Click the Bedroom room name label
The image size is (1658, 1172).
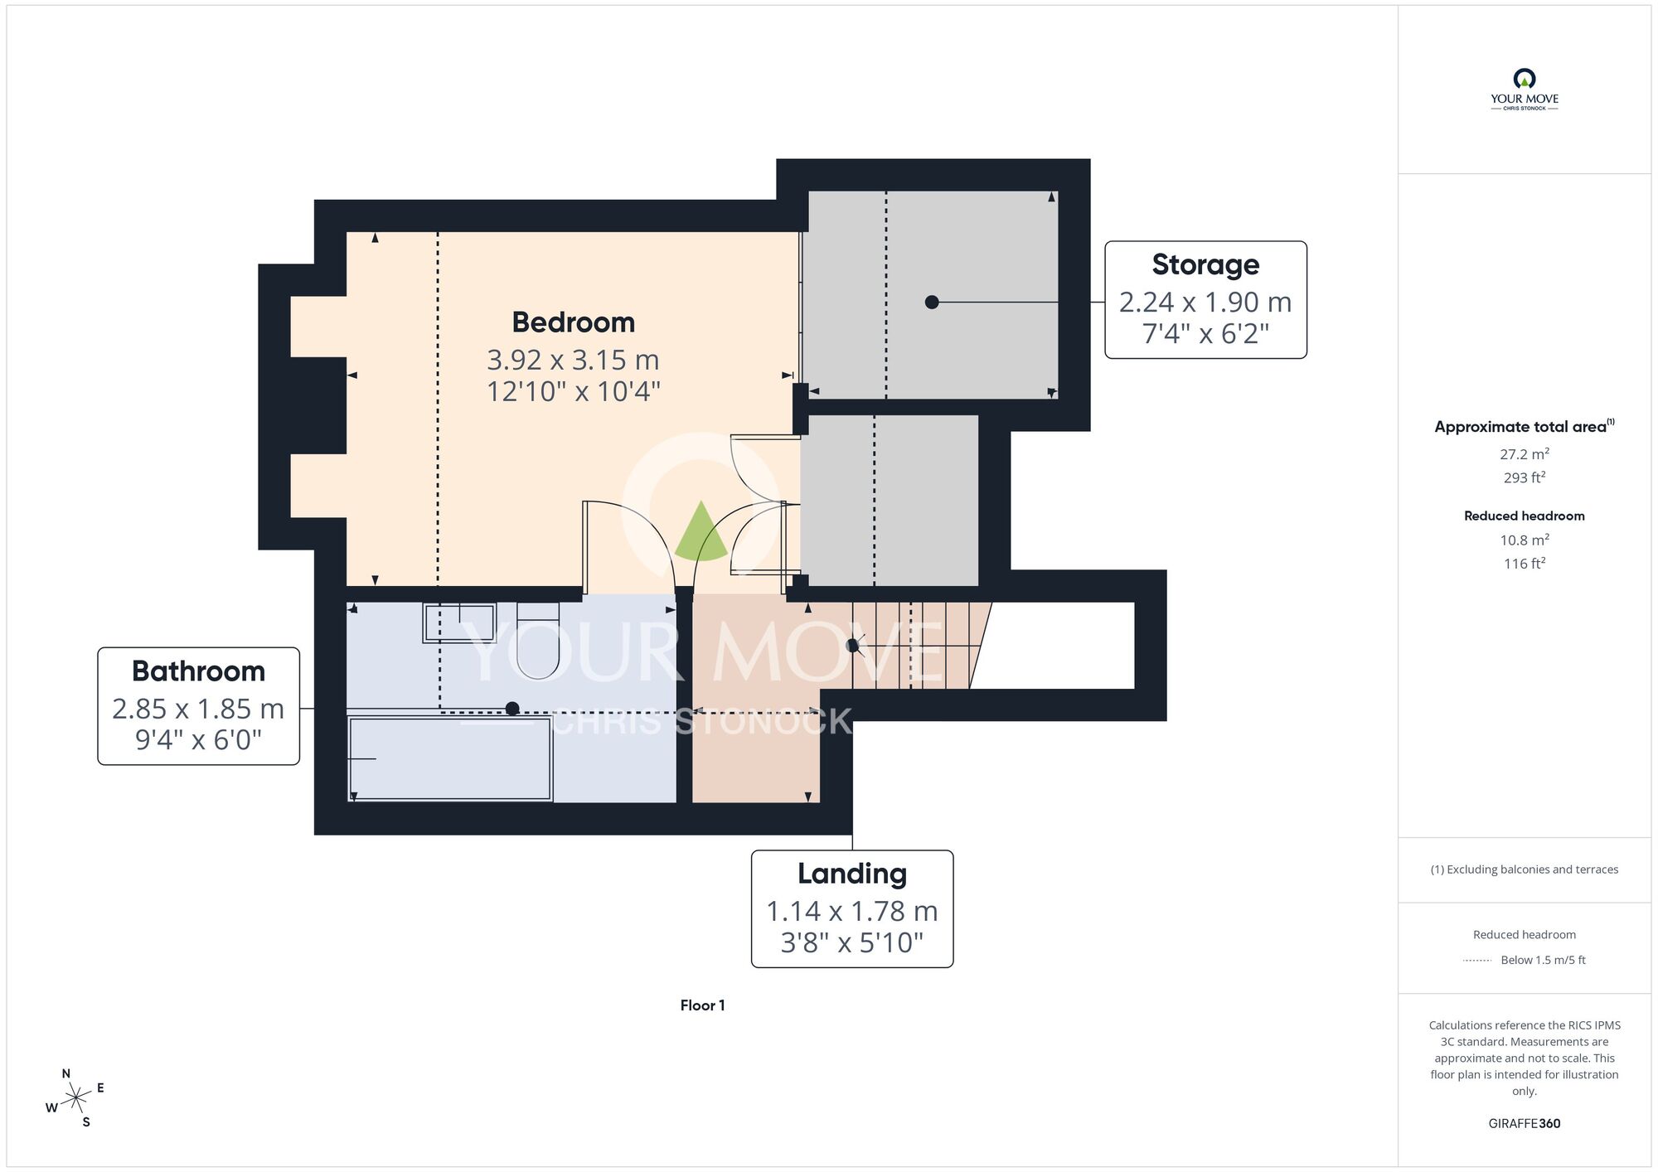pyautogui.click(x=573, y=322)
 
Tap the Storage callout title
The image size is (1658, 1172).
pyautogui.click(x=1205, y=264)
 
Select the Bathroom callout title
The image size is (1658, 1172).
pyautogui.click(x=198, y=671)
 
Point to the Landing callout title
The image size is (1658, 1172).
pyautogui.click(x=852, y=874)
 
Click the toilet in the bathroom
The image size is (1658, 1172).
pyautogui.click(x=537, y=640)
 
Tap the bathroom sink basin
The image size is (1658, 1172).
pyautogui.click(x=459, y=622)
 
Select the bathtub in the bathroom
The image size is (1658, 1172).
pyautogui.click(x=450, y=759)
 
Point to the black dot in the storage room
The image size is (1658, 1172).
pyautogui.click(x=932, y=303)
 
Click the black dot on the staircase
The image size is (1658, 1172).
pyautogui.click(x=852, y=645)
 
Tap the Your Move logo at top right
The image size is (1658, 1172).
pyautogui.click(x=1524, y=90)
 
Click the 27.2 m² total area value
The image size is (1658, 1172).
pyautogui.click(x=1524, y=453)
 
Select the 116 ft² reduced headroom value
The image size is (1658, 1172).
pyautogui.click(x=1524, y=563)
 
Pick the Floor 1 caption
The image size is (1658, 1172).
pyautogui.click(x=702, y=1005)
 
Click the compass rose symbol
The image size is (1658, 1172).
pyautogui.click(x=76, y=1098)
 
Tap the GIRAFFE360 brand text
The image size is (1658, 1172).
pyautogui.click(x=1524, y=1124)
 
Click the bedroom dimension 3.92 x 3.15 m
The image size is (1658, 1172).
pyautogui.click(x=573, y=360)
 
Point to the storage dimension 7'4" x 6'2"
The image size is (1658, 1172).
pyautogui.click(x=1205, y=334)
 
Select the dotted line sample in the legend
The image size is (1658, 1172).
pyautogui.click(x=1477, y=961)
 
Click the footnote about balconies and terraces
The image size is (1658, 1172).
pyautogui.click(x=1524, y=869)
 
